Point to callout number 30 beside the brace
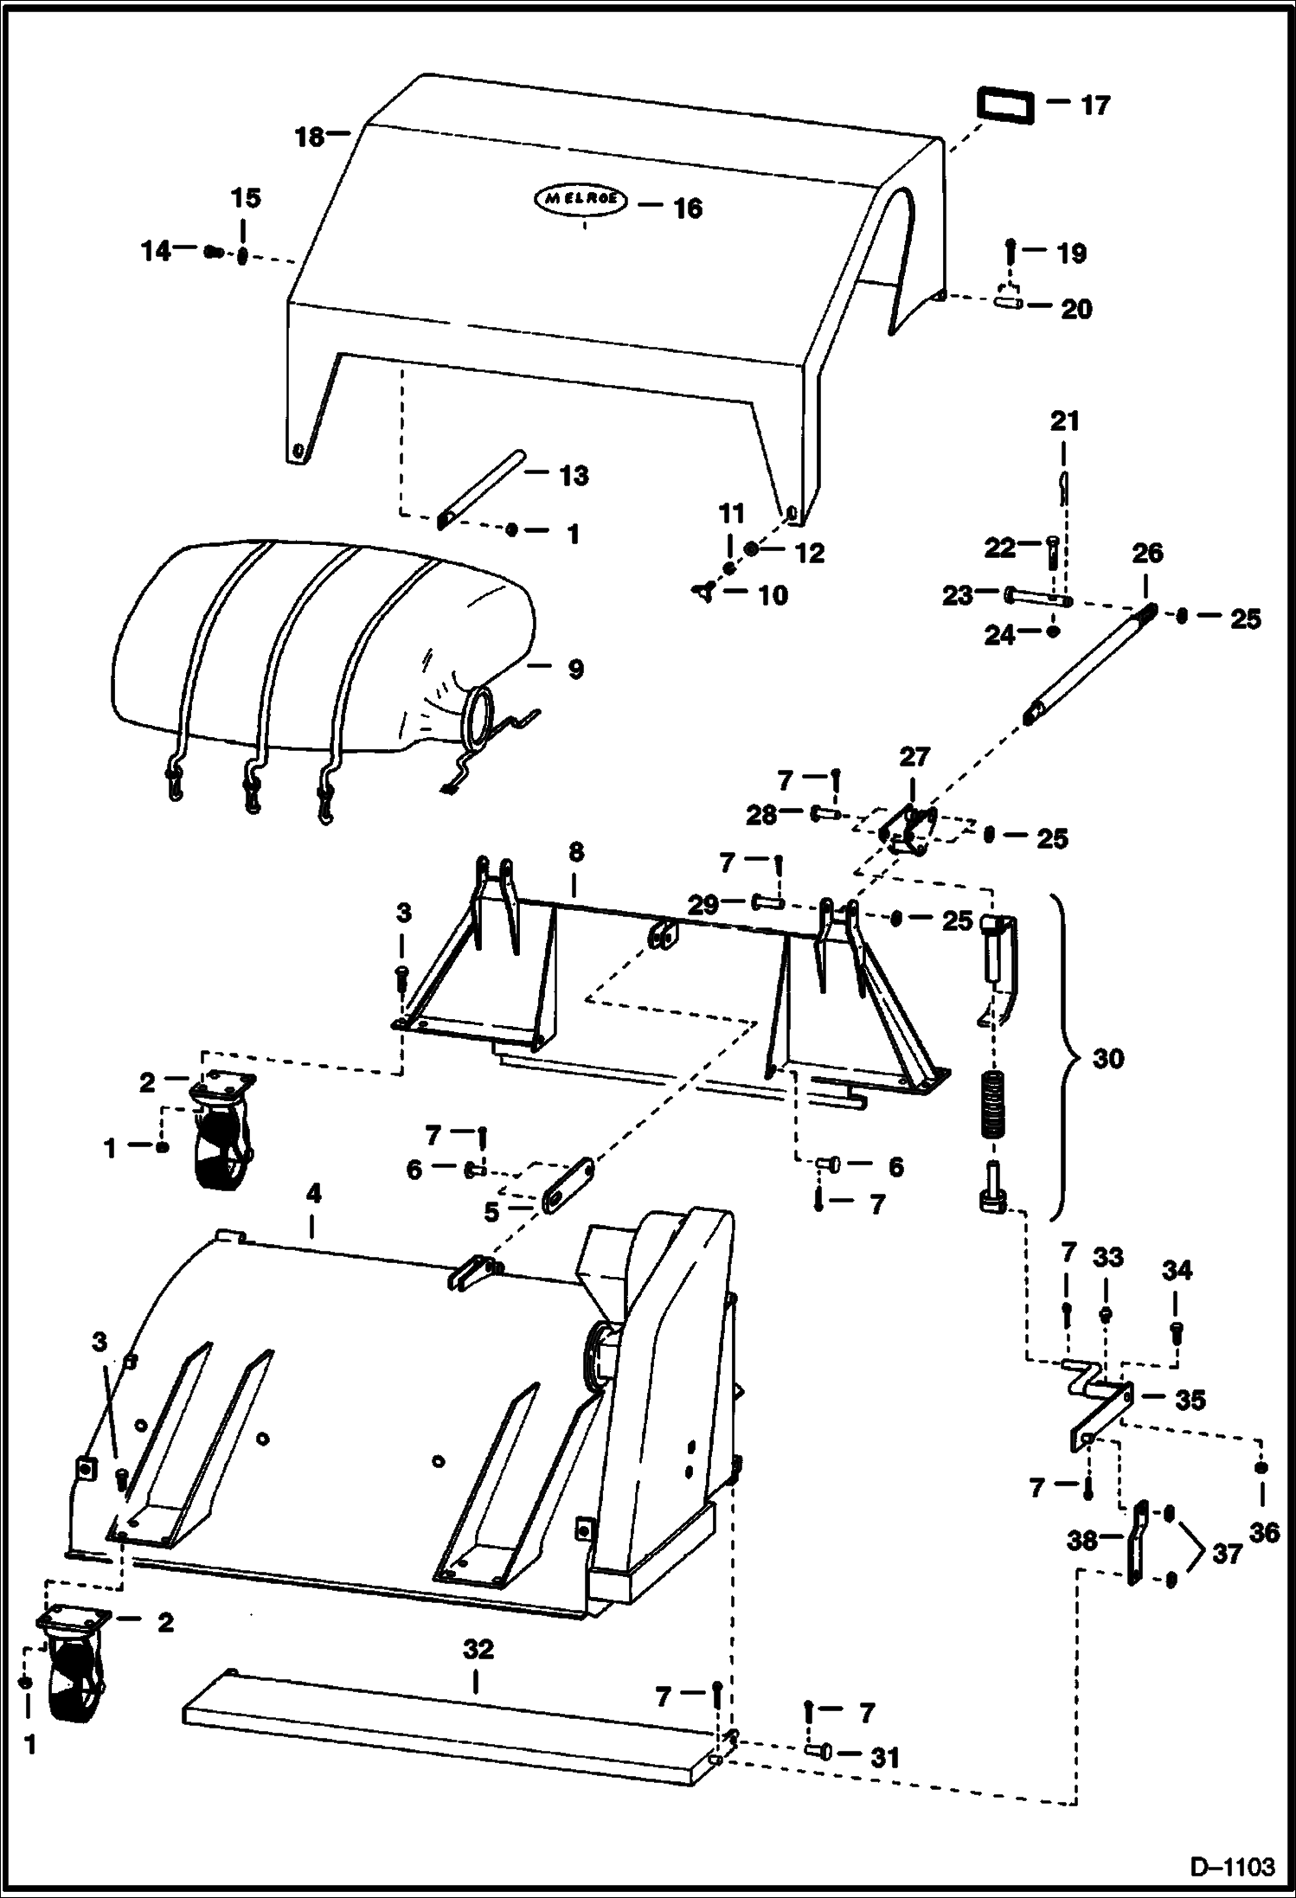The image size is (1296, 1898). (1108, 1058)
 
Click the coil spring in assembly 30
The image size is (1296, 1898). (994, 1103)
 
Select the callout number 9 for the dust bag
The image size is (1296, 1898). (575, 669)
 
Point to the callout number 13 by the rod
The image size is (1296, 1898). (574, 476)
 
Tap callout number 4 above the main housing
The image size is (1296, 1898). (313, 1194)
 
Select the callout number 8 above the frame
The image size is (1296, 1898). (576, 852)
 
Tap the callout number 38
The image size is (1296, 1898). (1082, 1540)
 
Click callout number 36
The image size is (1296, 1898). (1264, 1532)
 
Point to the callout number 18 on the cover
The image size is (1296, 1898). (310, 137)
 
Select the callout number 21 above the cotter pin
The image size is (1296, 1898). (1065, 422)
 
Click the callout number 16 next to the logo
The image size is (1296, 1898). (688, 208)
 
